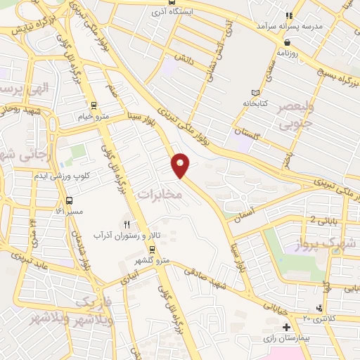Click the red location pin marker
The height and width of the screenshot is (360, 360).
tap(181, 165)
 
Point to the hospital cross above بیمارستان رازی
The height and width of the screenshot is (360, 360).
tap(286, 328)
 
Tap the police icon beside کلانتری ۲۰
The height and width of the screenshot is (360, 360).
tap(321, 307)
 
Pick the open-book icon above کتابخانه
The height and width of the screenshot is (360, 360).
tap(255, 92)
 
